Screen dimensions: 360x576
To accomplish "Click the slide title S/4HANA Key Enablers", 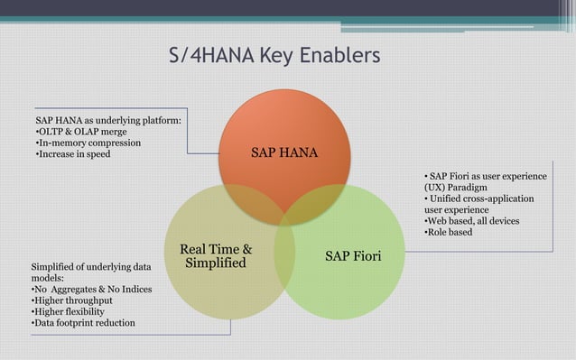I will pyautogui.click(x=274, y=57).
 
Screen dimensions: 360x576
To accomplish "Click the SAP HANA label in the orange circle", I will pyautogui.click(x=277, y=152).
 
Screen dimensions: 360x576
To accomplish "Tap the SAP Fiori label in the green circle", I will pyautogui.click(x=353, y=257).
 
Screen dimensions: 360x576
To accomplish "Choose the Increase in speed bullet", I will pyautogui.click(x=73, y=153).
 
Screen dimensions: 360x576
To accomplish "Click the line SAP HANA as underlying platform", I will pyautogui.click(x=108, y=118).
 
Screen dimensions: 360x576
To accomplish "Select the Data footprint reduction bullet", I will pyautogui.click(x=83, y=323).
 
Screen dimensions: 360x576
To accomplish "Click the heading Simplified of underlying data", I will pyautogui.click(x=91, y=267).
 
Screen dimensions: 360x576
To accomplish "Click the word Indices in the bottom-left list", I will pyautogui.click(x=135, y=289).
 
